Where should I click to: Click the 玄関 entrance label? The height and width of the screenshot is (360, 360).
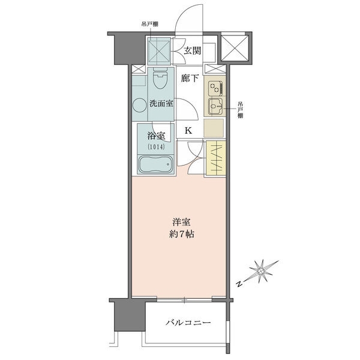(193, 50)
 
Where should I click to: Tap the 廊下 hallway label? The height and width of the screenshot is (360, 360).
(190, 78)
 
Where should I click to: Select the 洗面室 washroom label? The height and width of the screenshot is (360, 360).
(161, 103)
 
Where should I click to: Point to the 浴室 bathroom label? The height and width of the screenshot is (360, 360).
(156, 136)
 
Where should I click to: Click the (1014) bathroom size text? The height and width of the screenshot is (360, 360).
(157, 147)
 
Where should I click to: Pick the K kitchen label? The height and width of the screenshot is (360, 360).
(188, 131)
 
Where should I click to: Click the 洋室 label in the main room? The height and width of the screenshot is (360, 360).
(181, 222)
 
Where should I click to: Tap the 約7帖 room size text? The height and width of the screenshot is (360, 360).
(182, 234)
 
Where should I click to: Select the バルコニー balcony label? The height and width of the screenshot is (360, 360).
(188, 323)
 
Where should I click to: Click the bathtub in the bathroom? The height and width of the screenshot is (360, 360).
(155, 164)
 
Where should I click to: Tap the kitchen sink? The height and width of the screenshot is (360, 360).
(215, 107)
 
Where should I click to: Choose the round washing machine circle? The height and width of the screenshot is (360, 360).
(139, 106)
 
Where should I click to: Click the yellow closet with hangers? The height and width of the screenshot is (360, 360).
(216, 158)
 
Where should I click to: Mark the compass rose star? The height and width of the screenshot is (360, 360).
(261, 271)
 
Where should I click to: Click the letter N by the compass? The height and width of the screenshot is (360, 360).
(239, 284)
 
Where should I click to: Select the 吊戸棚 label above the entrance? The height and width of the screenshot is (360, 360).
(149, 24)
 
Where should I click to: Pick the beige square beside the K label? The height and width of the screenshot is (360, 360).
(214, 128)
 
